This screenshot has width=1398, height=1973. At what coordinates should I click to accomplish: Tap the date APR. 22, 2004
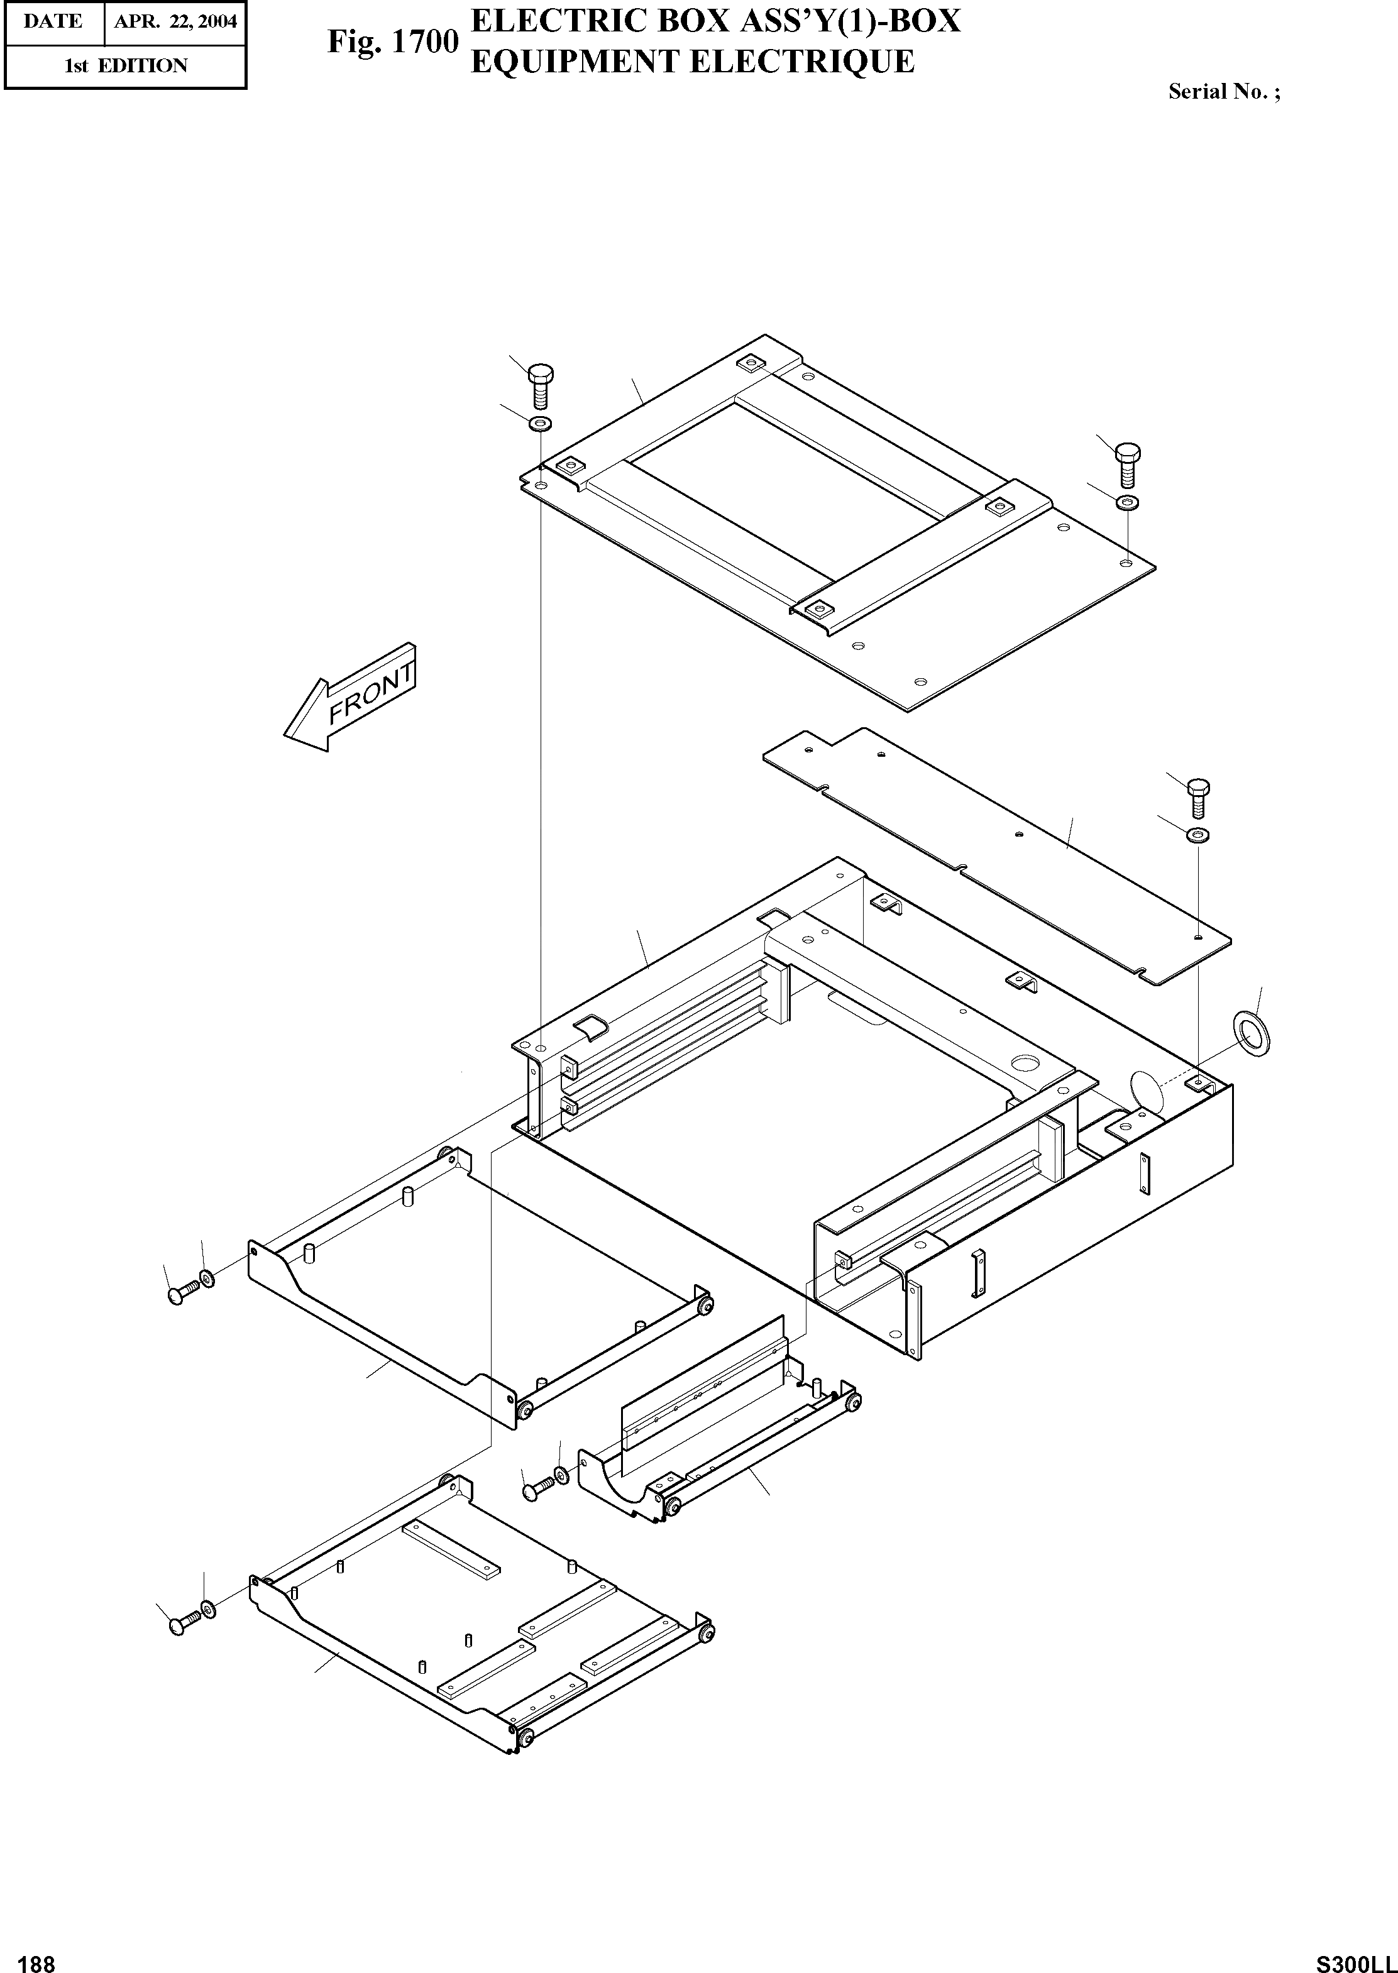pyautogui.click(x=175, y=21)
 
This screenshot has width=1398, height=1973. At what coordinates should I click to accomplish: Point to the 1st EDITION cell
pyautogui.click(x=126, y=65)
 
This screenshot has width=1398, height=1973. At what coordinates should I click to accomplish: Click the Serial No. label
pyautogui.click(x=1223, y=92)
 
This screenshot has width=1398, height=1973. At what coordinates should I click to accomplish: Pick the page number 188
pyautogui.click(x=36, y=1957)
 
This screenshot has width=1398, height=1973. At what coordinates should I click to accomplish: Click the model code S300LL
pyautogui.click(x=1356, y=1957)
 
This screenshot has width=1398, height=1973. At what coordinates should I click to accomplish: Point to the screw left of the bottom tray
pyautogui.click(x=181, y=1624)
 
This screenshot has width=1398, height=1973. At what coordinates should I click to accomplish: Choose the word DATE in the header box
pyautogui.click(x=53, y=21)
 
